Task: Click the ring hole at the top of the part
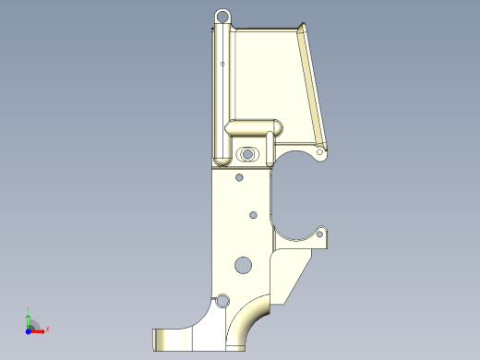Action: pyautogui.click(x=222, y=16)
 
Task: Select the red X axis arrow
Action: pyautogui.click(x=39, y=328)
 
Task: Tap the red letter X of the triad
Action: pyautogui.click(x=47, y=329)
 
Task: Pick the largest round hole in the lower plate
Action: pyautogui.click(x=243, y=264)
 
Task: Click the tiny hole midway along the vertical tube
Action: pyautogui.click(x=224, y=64)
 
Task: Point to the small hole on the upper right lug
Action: pyautogui.click(x=320, y=150)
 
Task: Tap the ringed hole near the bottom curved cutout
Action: pyautogui.click(x=222, y=300)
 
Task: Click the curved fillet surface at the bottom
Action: pyautogui.click(x=249, y=325)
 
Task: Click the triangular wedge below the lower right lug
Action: pyautogui.click(x=294, y=272)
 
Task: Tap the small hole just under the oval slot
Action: pyautogui.click(x=239, y=177)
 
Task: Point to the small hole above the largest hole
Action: pyautogui.click(x=253, y=215)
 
